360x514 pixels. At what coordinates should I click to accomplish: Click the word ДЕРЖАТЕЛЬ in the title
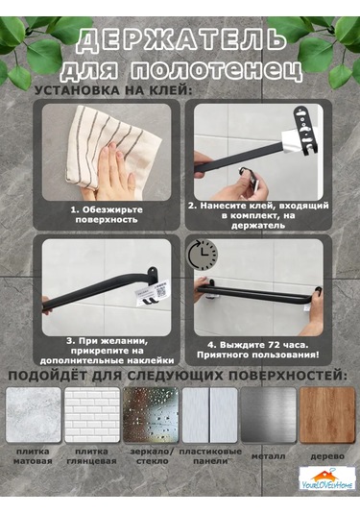point(180,40)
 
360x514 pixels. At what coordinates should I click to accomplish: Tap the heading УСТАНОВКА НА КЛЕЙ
point(113,90)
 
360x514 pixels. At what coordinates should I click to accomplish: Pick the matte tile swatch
point(33,414)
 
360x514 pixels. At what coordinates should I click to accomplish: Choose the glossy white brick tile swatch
point(91,414)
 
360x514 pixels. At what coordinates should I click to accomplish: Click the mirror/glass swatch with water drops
point(150,414)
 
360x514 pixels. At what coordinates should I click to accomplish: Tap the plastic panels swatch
point(208,414)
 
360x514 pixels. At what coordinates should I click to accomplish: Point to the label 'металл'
point(268,458)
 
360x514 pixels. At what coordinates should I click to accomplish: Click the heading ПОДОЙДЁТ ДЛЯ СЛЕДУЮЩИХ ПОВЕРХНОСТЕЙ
point(180,373)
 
